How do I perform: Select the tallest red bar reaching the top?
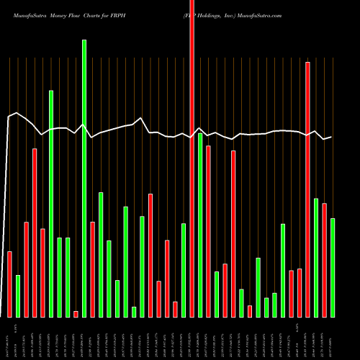tap(192, 158)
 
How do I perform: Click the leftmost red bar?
tap(9, 284)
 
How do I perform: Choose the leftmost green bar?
tap(18, 296)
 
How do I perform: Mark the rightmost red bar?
tap(324, 260)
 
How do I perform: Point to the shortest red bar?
tap(76, 314)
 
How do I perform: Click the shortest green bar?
tap(134, 312)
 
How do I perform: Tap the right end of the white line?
tap(331, 137)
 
